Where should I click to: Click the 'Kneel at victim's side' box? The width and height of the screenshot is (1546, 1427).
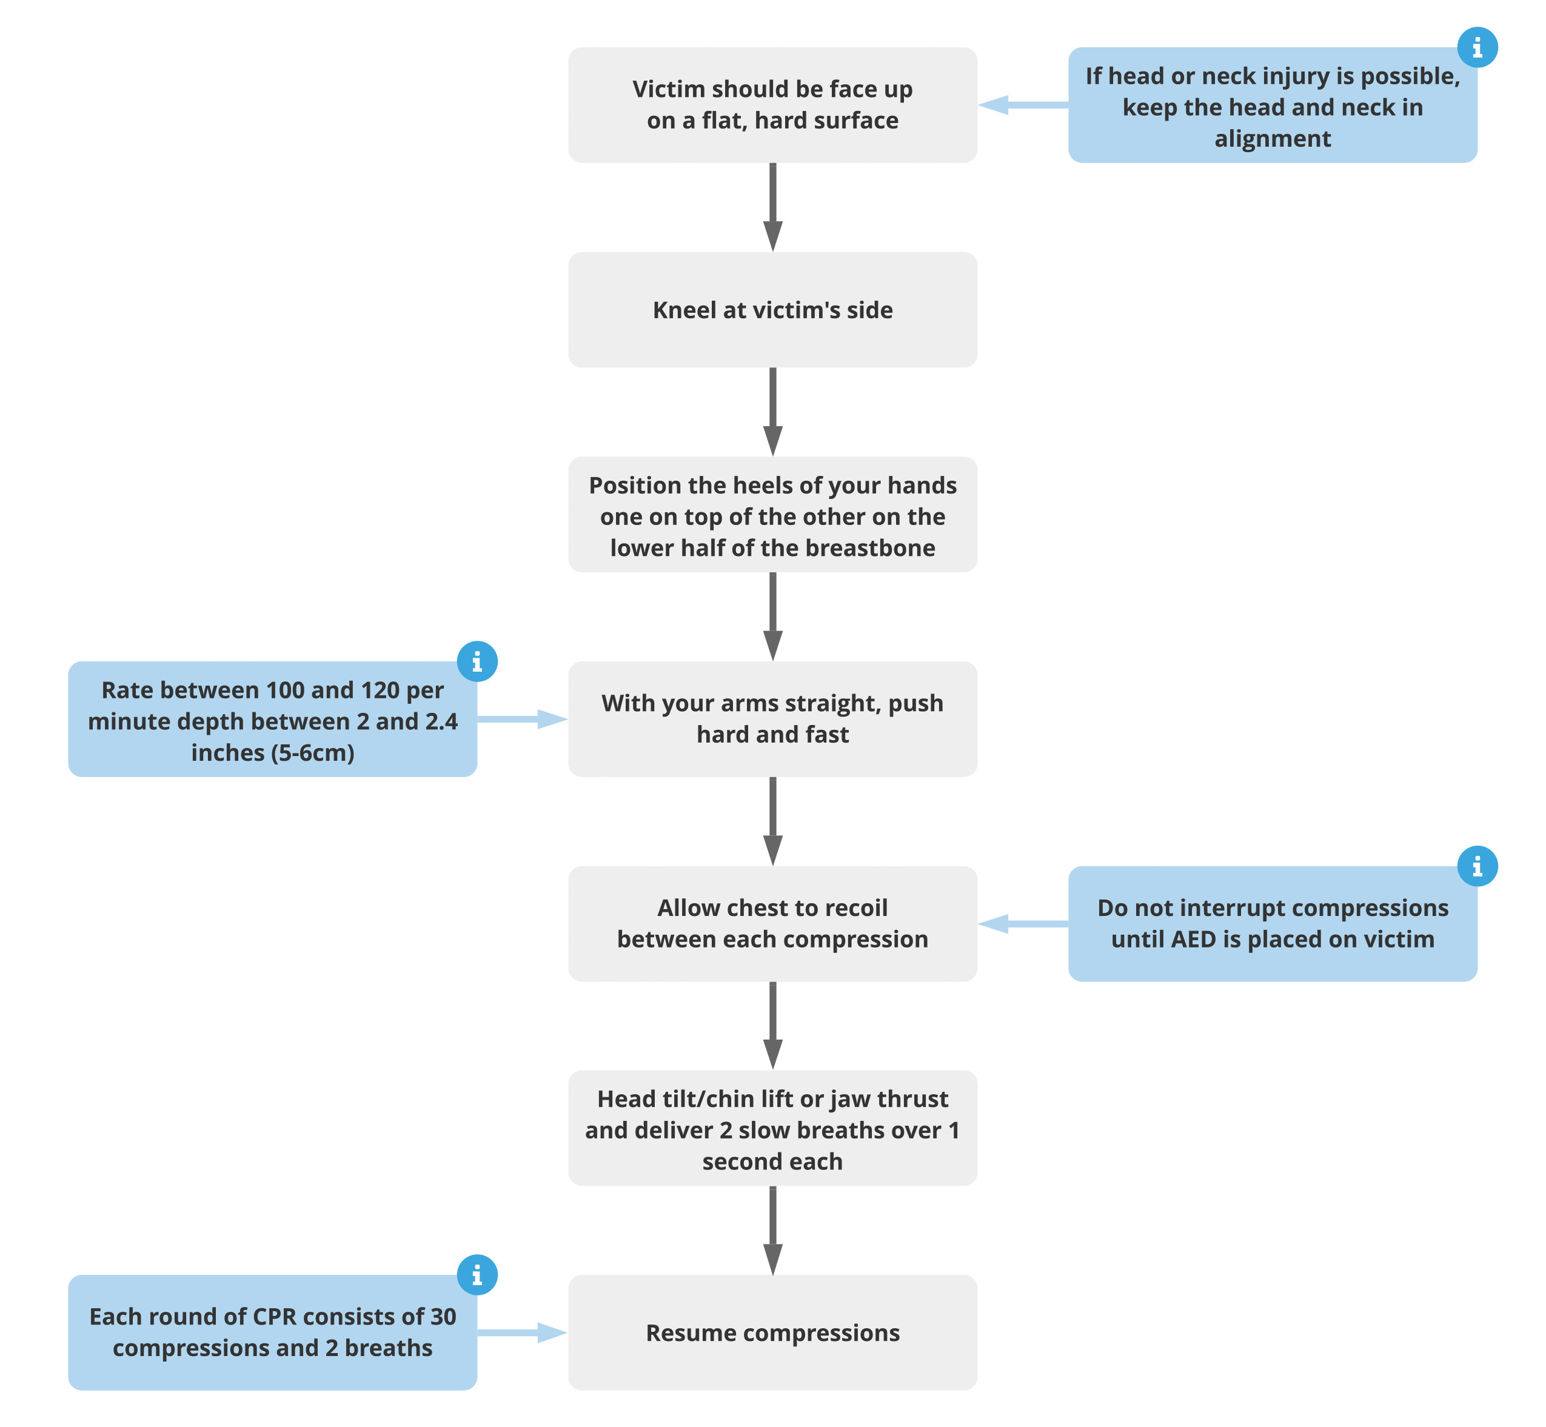[772, 310]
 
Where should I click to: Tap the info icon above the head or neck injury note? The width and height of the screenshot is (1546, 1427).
[1476, 48]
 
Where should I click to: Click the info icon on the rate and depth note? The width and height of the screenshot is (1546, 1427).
[477, 662]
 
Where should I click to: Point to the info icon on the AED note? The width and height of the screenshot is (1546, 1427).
[1476, 866]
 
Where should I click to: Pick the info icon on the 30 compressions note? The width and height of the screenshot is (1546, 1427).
[477, 1275]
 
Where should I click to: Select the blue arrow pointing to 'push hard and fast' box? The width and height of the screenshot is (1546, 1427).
[522, 719]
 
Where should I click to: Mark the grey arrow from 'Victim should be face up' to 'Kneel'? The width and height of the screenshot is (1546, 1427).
[772, 207]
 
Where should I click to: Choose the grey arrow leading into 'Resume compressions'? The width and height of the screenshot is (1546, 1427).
[772, 1230]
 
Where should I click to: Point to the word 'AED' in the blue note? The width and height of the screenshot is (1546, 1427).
[1194, 940]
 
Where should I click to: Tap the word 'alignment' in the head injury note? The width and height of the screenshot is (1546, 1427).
[1272, 139]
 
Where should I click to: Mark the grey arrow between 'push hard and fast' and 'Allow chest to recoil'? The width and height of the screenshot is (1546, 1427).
[772, 821]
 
